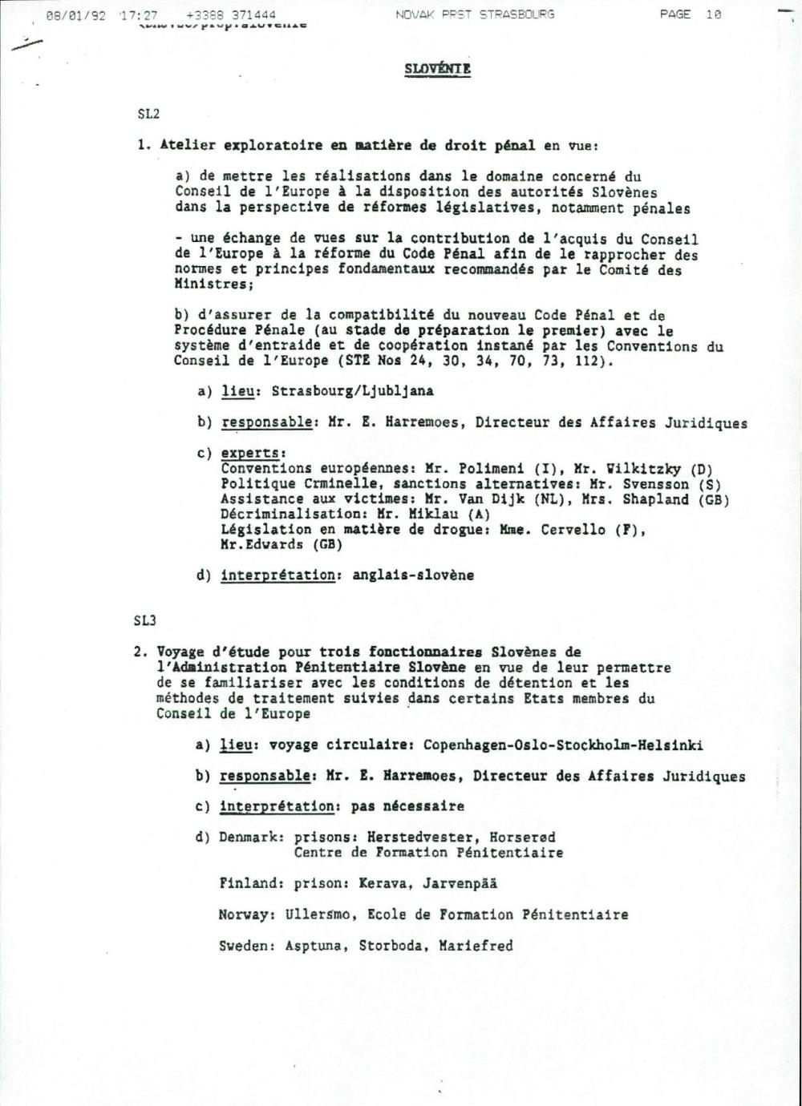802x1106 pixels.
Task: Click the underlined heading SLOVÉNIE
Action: pyautogui.click(x=437, y=69)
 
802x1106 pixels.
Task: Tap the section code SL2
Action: pyautogui.click(x=148, y=114)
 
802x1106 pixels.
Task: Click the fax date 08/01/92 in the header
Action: pyautogui.click(x=76, y=15)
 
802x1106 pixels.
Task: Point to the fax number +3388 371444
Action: pyautogui.click(x=231, y=15)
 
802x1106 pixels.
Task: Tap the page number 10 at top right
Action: pyautogui.click(x=713, y=15)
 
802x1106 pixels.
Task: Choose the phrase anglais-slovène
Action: pyautogui.click(x=413, y=575)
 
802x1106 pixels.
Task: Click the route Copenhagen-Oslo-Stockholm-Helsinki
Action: pyautogui.click(x=563, y=745)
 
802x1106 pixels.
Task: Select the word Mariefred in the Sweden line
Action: pyautogui.click(x=476, y=946)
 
